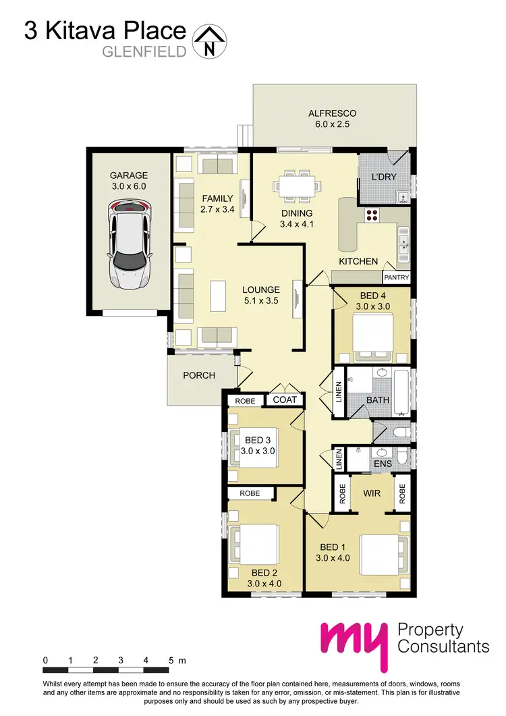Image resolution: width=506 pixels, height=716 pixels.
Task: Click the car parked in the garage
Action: [x=130, y=244]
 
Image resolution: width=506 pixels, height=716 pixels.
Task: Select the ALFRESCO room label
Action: [x=332, y=113]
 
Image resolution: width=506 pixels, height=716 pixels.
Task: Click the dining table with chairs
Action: [x=298, y=186]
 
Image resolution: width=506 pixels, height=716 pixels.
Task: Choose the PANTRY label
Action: [x=396, y=277]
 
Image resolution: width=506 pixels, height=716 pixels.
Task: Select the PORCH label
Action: [x=199, y=375]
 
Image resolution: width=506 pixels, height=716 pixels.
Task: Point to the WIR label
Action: [x=372, y=493]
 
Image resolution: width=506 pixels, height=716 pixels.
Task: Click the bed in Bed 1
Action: [x=384, y=555]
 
